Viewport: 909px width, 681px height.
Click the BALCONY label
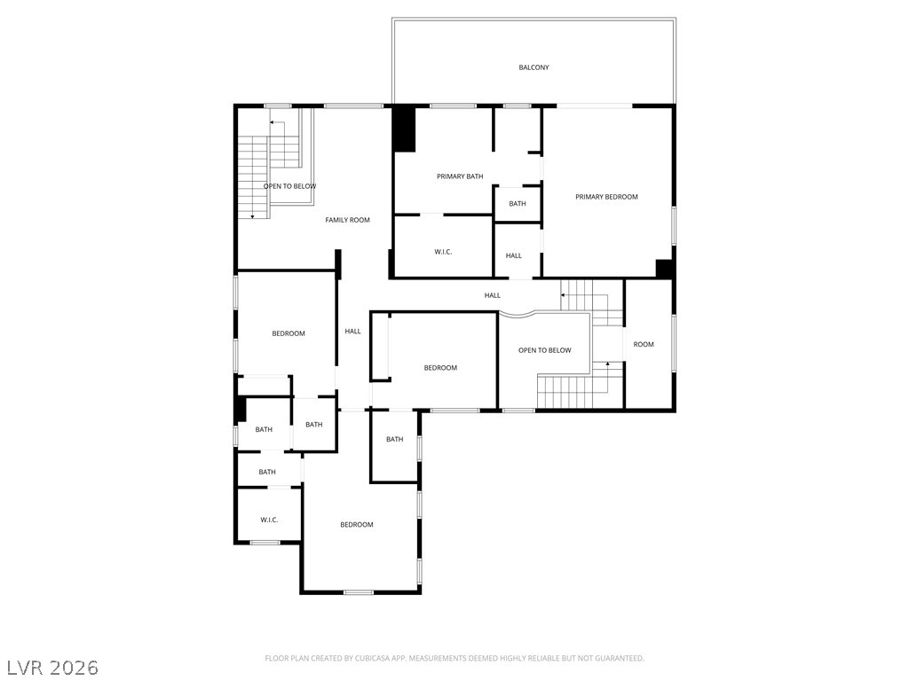click(x=534, y=67)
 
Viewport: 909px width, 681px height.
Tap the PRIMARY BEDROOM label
click(x=606, y=197)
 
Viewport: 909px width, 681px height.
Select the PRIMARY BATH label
click(x=460, y=176)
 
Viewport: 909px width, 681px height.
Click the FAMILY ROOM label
click(x=347, y=220)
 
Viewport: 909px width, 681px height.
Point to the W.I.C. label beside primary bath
click(x=443, y=253)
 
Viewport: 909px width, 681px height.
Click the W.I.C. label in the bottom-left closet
click(x=269, y=520)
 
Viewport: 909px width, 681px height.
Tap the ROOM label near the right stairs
click(x=644, y=344)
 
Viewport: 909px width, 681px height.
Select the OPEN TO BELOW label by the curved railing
click(x=545, y=350)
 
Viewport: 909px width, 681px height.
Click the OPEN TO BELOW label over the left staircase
click(x=289, y=186)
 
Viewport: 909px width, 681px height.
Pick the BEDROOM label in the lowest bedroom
click(x=357, y=525)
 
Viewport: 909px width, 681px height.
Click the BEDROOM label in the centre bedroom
click(x=440, y=368)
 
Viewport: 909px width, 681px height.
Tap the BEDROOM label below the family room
click(x=289, y=333)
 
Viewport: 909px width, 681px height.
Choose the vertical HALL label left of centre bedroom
click(x=353, y=332)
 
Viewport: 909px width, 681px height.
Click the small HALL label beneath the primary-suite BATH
click(x=514, y=255)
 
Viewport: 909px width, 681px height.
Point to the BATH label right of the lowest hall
click(x=394, y=439)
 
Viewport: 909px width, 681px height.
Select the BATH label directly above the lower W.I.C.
click(x=267, y=472)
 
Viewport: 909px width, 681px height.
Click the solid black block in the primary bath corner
click(x=404, y=129)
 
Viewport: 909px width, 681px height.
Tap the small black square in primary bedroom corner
click(x=663, y=268)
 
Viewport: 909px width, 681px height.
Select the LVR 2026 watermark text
click(x=53, y=667)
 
